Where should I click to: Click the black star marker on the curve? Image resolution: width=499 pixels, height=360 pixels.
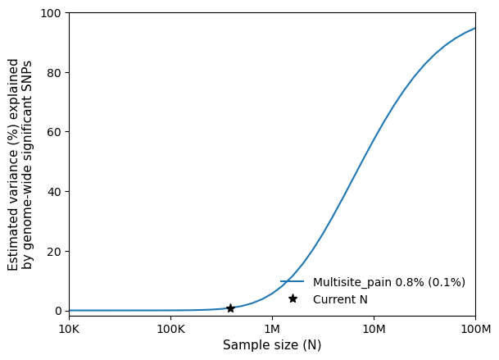(x=230, y=308)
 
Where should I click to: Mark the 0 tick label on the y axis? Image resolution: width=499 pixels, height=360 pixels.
(x=57, y=311)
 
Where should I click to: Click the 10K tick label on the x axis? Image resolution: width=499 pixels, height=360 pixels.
(x=69, y=328)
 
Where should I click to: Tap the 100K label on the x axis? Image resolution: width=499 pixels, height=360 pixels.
(x=170, y=328)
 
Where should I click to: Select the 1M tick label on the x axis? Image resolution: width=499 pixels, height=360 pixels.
(x=272, y=328)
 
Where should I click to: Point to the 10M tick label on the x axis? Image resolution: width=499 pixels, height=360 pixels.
(x=374, y=328)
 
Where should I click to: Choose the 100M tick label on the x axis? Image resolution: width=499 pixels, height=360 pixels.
(x=475, y=328)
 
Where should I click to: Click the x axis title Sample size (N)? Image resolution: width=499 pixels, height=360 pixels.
(x=272, y=345)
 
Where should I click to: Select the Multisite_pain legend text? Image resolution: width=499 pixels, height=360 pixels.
(x=389, y=282)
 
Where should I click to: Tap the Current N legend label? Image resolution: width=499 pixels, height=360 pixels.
(x=340, y=299)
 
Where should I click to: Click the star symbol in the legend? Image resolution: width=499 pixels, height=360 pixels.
(x=293, y=298)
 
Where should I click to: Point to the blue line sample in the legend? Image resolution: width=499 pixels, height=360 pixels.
(x=293, y=282)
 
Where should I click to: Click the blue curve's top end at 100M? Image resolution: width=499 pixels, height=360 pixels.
(x=474, y=29)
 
